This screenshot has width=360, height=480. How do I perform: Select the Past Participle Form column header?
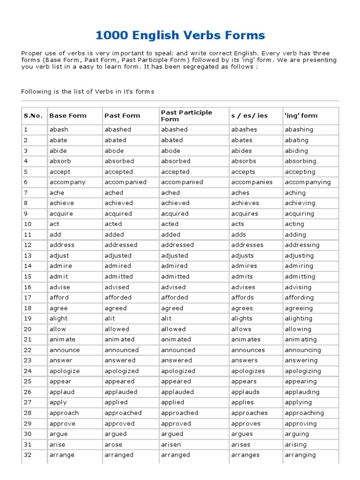tap(186, 116)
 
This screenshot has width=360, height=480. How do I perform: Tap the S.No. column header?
tap(33, 116)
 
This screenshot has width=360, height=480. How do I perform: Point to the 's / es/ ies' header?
tap(249, 116)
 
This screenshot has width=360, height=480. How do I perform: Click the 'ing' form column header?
tap(301, 116)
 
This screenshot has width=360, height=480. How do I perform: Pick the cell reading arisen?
tap(171, 444)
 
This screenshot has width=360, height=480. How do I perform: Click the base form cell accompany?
tap(67, 182)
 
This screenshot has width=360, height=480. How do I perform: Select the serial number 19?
tap(28, 318)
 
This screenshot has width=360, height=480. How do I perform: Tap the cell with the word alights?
tap(241, 318)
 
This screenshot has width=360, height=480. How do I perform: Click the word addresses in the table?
tap(247, 245)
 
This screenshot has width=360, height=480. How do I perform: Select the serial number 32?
tap(28, 455)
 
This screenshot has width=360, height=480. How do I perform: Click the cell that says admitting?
tap(300, 277)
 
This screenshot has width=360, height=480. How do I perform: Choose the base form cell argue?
tap(59, 434)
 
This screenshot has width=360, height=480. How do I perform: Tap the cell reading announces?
tap(248, 350)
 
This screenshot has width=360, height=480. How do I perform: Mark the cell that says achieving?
tap(300, 203)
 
